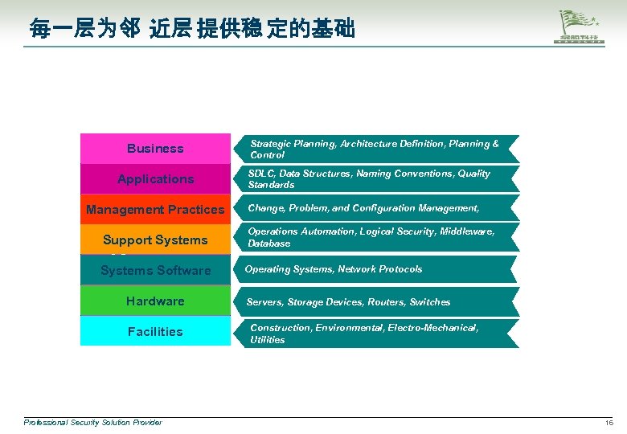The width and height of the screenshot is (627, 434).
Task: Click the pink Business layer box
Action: [x=155, y=149]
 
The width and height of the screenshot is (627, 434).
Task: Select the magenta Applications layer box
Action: [x=155, y=179]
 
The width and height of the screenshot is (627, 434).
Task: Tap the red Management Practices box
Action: [x=155, y=210]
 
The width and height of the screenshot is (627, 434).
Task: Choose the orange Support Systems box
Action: [x=155, y=240]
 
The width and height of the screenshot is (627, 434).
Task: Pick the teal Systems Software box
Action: [x=155, y=271]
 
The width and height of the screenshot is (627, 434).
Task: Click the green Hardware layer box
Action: [x=155, y=301]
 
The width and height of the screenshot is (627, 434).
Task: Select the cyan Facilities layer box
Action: [x=155, y=331]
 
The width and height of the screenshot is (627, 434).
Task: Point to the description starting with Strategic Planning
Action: [x=375, y=149]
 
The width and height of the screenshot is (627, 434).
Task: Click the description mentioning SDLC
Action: [x=375, y=179]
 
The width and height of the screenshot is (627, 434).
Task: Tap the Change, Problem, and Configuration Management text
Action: [x=364, y=208]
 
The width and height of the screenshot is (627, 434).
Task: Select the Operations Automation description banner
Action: [x=375, y=237]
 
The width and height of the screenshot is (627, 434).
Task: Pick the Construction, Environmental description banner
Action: [x=375, y=334]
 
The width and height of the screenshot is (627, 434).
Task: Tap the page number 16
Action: [x=609, y=423]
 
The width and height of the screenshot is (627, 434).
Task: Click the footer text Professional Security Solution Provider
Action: [x=92, y=423]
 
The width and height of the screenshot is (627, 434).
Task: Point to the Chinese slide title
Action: [x=191, y=31]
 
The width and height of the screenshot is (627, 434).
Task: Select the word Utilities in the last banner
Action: [x=267, y=340]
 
